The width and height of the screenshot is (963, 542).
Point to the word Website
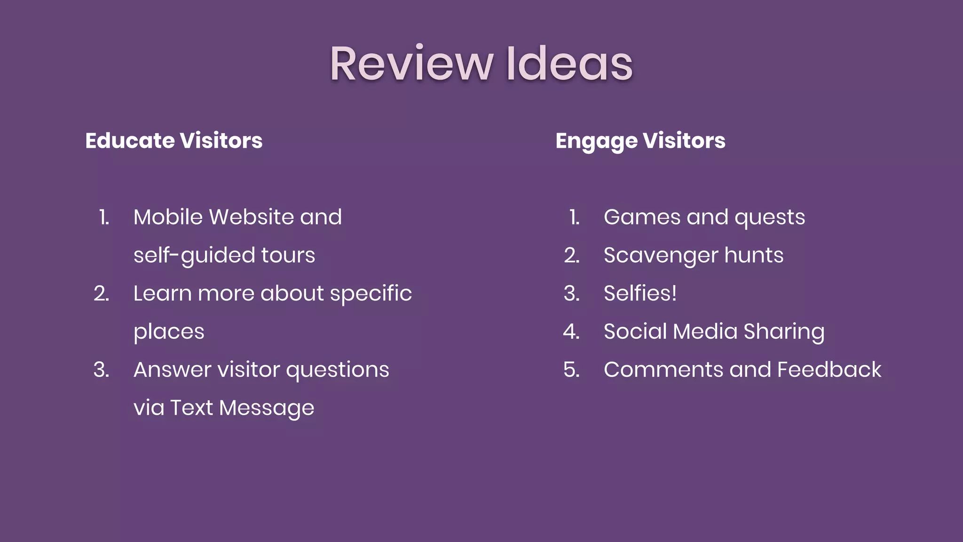click(252, 217)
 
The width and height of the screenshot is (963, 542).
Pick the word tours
click(288, 255)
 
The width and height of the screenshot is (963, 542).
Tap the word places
click(169, 332)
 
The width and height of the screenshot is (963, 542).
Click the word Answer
click(172, 370)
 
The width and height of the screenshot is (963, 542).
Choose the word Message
click(266, 408)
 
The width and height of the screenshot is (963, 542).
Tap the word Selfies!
click(640, 294)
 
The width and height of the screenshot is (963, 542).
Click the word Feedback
click(829, 370)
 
